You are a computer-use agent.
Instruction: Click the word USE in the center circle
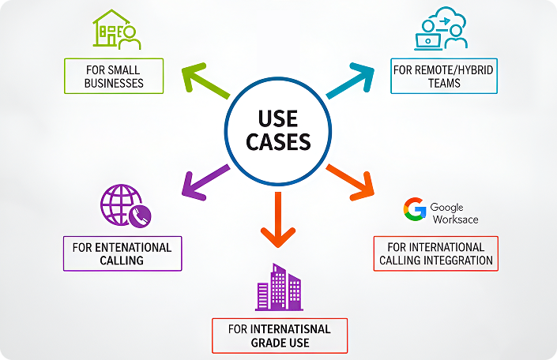(x=278, y=119)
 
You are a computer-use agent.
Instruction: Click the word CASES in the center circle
(x=278, y=142)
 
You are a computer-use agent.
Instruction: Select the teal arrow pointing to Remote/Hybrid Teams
(x=351, y=81)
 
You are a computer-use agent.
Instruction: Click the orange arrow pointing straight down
(x=277, y=219)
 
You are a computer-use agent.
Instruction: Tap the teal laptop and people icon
(x=440, y=31)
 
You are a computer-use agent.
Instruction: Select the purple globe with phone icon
(x=125, y=206)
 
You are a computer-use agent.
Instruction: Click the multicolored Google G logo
(x=415, y=209)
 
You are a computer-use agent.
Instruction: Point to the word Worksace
(x=455, y=219)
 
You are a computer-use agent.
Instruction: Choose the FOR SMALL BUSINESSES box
(x=114, y=76)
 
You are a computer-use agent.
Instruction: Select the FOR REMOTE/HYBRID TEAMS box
(x=444, y=76)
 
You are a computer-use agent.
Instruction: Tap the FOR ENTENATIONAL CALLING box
(x=122, y=253)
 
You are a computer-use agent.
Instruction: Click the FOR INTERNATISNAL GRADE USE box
(x=279, y=336)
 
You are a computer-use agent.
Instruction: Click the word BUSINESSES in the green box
(x=114, y=83)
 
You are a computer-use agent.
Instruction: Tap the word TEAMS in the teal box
(x=444, y=83)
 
